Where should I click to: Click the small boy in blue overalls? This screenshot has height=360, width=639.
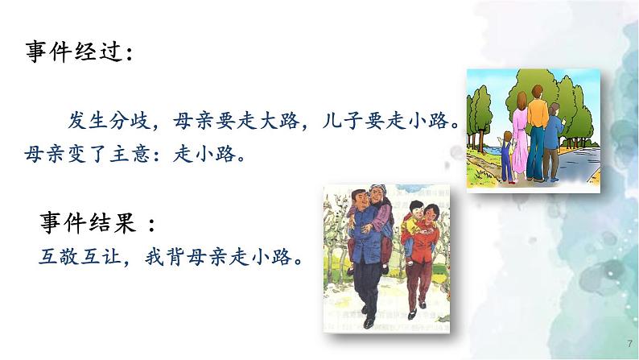pyautogui.click(x=506, y=158)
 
